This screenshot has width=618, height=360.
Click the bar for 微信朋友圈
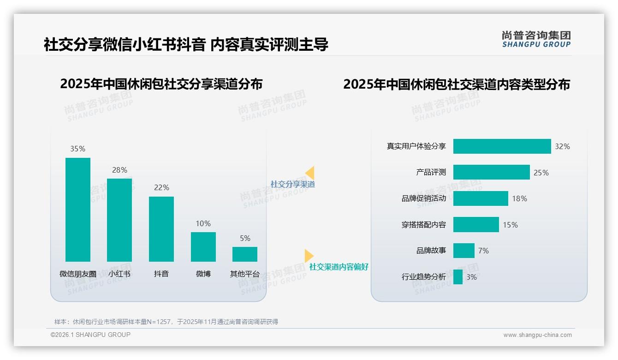(x=78, y=210)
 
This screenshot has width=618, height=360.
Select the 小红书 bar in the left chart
(x=119, y=220)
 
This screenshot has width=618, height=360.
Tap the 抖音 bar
(x=161, y=229)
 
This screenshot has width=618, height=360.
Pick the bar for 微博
(x=203, y=246)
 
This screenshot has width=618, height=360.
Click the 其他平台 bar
(x=245, y=254)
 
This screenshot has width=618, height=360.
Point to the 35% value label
(x=78, y=149)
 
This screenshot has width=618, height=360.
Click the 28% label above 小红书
(x=119, y=170)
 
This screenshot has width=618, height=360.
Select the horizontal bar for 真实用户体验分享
(x=502, y=146)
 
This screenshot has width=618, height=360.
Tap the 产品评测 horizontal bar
(x=491, y=172)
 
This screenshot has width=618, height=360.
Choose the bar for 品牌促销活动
(x=481, y=198)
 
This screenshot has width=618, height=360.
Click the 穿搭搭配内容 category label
(x=423, y=225)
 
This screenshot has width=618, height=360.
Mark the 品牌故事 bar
(x=463, y=251)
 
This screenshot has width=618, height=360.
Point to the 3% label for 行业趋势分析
(x=471, y=277)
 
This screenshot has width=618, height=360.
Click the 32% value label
(x=562, y=146)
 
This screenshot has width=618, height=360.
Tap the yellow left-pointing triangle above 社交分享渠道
(x=310, y=173)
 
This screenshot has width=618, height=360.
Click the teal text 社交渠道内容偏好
(x=339, y=267)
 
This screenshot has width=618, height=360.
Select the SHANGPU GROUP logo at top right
(x=536, y=39)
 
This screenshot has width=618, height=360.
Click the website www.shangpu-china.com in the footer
(x=537, y=335)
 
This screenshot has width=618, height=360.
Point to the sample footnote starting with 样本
(x=166, y=322)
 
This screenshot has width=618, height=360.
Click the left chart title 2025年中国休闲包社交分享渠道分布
(x=161, y=84)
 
